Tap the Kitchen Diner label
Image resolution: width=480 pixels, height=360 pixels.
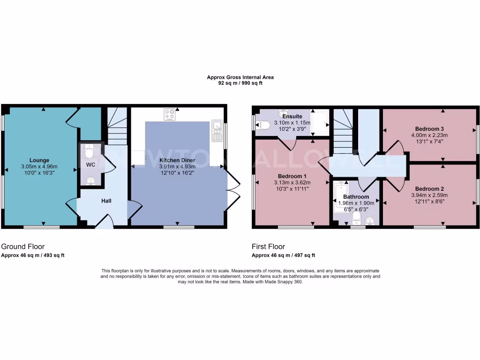click(178, 160)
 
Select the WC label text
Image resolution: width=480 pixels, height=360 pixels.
click(90, 165)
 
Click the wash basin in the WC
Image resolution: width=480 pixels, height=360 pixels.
click(90, 181)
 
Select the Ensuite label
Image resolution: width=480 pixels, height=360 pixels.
click(292, 116)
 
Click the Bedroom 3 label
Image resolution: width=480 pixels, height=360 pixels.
click(429, 128)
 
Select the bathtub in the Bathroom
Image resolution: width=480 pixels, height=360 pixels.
click(338, 199)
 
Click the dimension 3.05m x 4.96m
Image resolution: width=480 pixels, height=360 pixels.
click(39, 166)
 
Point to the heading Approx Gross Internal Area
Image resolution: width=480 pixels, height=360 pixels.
click(240, 77)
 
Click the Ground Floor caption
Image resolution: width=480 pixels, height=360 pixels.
click(23, 247)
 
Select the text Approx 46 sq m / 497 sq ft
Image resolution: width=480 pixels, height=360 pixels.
click(284, 255)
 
